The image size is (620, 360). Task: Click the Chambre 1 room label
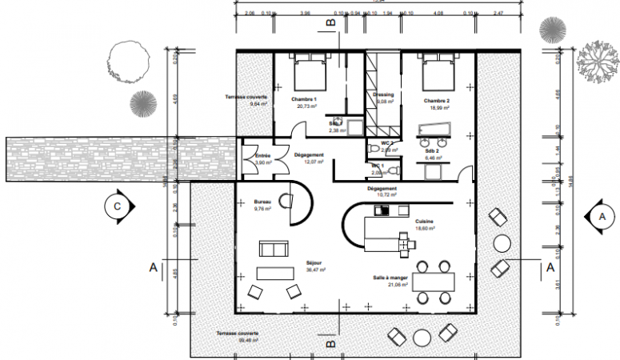304,99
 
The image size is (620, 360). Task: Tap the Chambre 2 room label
436,100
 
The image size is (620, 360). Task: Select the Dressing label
383,94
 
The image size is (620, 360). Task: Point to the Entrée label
262,155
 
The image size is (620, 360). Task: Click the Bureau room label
262,202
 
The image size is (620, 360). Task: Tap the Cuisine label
424,221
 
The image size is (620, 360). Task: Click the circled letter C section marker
116,206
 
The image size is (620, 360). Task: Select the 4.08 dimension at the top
438,14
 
